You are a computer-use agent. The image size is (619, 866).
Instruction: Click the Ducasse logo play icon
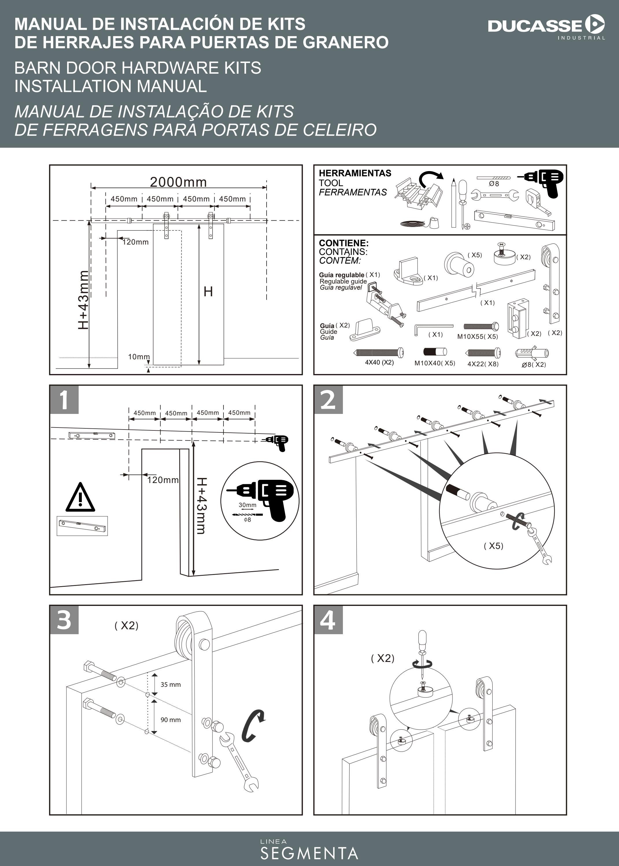pyautogui.click(x=595, y=25)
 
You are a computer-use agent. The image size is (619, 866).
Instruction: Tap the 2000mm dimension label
pyautogui.click(x=178, y=182)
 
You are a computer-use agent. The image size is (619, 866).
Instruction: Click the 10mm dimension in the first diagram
pyautogui.click(x=138, y=357)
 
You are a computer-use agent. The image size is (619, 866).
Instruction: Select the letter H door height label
pyautogui.click(x=208, y=292)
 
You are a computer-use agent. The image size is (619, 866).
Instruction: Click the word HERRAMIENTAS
pyautogui.click(x=355, y=173)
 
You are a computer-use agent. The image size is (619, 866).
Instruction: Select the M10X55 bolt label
pyautogui.click(x=477, y=337)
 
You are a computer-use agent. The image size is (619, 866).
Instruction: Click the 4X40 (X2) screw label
pyautogui.click(x=379, y=362)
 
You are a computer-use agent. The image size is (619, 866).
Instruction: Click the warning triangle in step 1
pyautogui.click(x=80, y=498)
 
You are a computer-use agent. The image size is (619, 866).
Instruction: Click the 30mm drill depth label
pyautogui.click(x=247, y=505)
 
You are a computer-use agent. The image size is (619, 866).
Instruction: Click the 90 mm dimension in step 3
pyautogui.click(x=170, y=720)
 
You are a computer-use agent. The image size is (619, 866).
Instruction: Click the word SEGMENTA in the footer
pyautogui.click(x=309, y=854)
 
